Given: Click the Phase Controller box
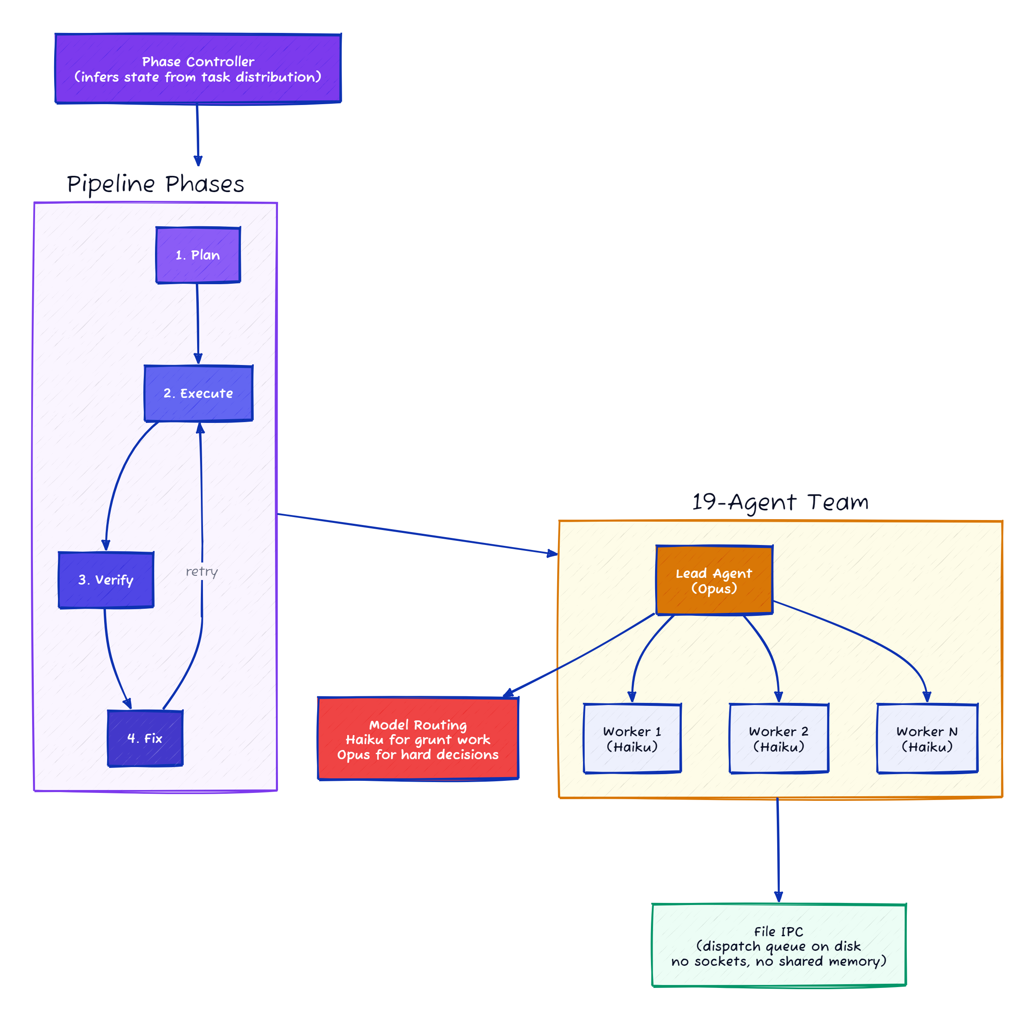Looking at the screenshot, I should coord(198,69).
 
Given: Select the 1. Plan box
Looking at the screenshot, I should coord(198,255).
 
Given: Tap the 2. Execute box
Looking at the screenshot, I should coord(198,393).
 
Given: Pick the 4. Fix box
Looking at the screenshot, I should coord(145,738).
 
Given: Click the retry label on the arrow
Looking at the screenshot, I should coord(201,571).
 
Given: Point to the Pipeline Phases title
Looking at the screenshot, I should coord(155,184).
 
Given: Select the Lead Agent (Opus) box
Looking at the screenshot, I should coord(713,580).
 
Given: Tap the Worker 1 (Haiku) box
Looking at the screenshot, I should coord(632,738).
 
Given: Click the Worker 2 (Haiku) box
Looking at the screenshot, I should coord(778,738).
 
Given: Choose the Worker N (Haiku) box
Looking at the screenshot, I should coord(927,738).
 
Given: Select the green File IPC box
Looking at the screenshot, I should coord(778,945).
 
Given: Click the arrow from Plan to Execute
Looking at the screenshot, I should coord(198,321).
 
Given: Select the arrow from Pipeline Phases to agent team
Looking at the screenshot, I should coord(418,534).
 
